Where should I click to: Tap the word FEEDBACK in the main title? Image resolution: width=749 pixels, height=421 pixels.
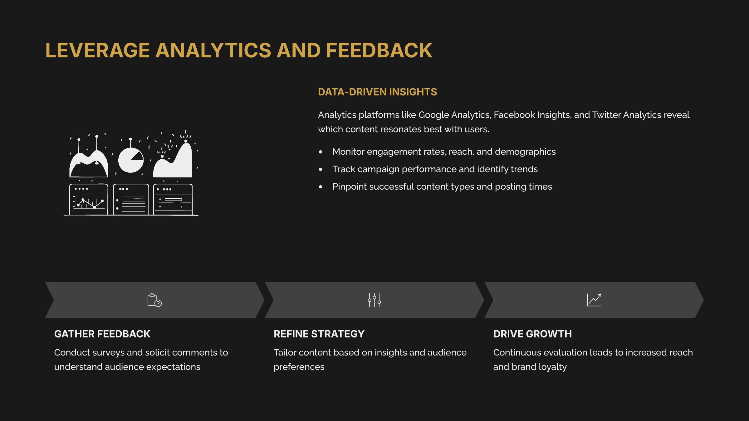pos(379,51)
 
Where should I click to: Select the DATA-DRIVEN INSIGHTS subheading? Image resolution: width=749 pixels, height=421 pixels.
pos(377,92)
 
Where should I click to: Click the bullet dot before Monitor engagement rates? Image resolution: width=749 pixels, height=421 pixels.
pos(321,152)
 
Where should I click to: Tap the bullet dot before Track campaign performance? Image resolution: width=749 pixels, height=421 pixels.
pos(321,169)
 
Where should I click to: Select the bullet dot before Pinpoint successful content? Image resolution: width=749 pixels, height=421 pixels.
pos(321,187)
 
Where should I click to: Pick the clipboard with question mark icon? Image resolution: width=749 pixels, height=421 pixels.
pos(154,300)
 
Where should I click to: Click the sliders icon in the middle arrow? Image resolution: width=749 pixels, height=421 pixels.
pos(374,300)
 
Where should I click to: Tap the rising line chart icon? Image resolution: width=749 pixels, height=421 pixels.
pos(594,300)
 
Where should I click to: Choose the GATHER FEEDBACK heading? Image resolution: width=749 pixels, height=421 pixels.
pos(102,334)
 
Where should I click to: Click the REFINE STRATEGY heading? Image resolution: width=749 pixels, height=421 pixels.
pos(319,334)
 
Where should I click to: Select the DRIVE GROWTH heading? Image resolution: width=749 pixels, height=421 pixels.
pos(532,334)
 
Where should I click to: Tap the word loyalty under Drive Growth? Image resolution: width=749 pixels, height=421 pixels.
pos(552,367)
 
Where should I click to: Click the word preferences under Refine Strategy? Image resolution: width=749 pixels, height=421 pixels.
pos(299,367)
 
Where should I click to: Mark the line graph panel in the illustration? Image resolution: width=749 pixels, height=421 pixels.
pos(89,200)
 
